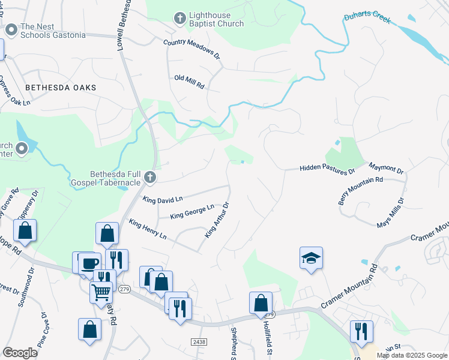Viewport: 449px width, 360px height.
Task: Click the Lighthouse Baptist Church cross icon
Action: tap(179, 18)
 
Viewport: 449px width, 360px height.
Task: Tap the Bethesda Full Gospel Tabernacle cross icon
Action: tap(150, 177)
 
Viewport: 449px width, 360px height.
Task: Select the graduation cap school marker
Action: tap(311, 259)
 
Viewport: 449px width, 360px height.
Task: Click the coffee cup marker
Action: tap(90, 263)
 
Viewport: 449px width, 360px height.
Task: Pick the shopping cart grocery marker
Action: tap(101, 292)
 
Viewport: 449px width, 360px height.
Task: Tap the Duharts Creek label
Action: tap(367, 19)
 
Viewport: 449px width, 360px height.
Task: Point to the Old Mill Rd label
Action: tap(189, 82)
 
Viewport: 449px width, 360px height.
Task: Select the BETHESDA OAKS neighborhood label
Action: tap(61, 88)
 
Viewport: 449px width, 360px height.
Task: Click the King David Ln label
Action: tap(163, 198)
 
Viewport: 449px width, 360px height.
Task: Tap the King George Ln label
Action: tap(192, 211)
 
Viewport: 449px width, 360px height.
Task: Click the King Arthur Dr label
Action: tap(217, 220)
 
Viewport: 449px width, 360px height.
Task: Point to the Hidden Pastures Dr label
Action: tap(328, 170)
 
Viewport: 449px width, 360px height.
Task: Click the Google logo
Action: tap(20, 353)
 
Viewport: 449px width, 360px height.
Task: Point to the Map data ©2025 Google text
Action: tap(412, 355)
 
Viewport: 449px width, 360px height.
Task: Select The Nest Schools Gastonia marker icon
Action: tap(10, 29)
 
